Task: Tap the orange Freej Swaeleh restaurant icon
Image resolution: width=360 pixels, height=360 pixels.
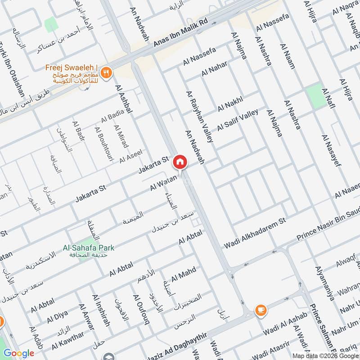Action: pyautogui.click(x=106, y=72)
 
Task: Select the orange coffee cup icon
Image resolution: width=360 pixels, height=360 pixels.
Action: pyautogui.click(x=261, y=310)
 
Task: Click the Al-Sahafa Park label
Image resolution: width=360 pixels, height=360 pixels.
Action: pyautogui.click(x=88, y=247)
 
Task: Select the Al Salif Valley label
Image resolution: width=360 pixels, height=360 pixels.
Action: pyautogui.click(x=238, y=121)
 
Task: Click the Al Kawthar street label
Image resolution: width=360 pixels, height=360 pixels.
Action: pyautogui.click(x=67, y=341)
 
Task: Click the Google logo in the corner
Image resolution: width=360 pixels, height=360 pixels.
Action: pyautogui.click(x=18, y=353)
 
